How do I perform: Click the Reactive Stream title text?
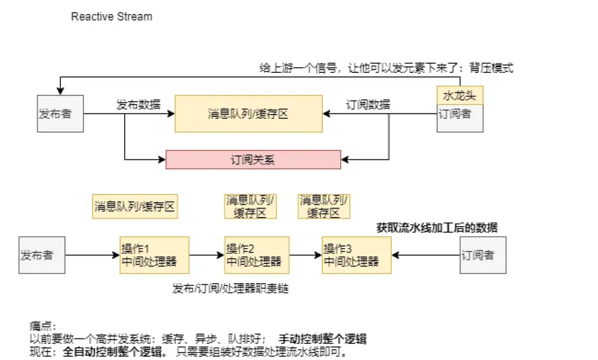coord(112,16)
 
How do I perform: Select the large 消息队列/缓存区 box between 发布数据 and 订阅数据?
coord(248,114)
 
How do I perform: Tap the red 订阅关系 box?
coord(253,160)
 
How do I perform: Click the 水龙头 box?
coord(460,95)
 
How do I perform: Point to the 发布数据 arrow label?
coord(138,104)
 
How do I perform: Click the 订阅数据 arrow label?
coord(368,104)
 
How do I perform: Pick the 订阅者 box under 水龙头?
coord(460,118)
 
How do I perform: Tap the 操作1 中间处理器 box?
coord(153,254)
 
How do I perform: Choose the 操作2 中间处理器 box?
coord(257,254)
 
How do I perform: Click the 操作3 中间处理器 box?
coord(355,254)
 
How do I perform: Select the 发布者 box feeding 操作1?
coord(41,254)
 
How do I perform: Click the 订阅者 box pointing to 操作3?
coord(482,254)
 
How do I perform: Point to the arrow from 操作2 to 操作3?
coord(305,255)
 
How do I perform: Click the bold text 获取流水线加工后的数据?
coord(437,228)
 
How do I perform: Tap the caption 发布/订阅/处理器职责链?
coord(231,288)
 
